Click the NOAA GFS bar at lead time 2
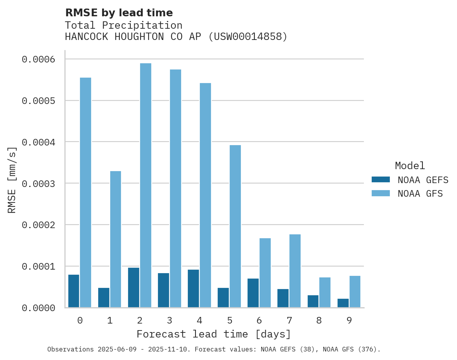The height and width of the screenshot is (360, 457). (145, 185)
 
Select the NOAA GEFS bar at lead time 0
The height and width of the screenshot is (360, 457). (74, 291)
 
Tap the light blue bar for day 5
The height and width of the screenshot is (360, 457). (235, 226)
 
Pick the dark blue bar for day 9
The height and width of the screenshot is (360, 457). (343, 303)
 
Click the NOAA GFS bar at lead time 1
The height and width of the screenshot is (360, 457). (116, 239)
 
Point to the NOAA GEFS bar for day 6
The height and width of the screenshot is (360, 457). (253, 293)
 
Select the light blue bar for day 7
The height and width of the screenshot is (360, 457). (295, 271)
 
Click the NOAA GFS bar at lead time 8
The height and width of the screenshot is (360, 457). (325, 292)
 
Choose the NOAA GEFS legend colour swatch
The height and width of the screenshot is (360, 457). (380, 180)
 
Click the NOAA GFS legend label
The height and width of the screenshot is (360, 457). (420, 194)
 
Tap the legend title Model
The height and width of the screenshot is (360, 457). (410, 166)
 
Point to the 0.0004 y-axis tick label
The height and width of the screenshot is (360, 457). (38, 142)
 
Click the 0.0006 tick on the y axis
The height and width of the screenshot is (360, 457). (38, 59)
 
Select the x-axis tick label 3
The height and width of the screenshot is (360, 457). (170, 320)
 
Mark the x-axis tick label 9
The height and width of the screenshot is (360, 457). (349, 320)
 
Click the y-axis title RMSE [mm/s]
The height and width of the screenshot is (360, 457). (12, 180)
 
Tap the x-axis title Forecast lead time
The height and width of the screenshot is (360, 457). (214, 334)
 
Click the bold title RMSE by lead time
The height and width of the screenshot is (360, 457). (119, 13)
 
